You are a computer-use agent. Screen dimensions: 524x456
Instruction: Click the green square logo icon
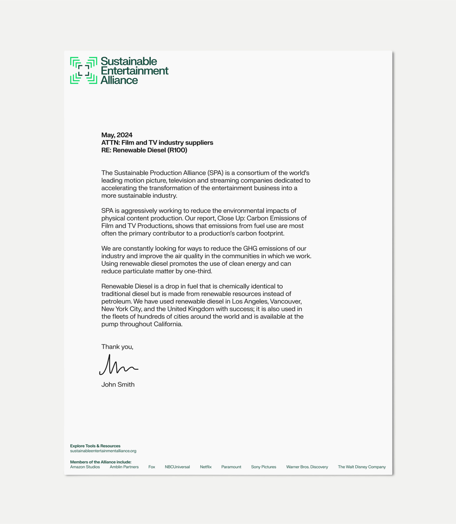tap(83, 70)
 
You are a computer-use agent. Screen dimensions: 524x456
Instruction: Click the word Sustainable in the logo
tap(129, 62)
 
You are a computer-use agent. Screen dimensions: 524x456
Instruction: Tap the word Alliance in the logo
tap(119, 80)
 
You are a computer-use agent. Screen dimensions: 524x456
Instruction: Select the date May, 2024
tap(117, 135)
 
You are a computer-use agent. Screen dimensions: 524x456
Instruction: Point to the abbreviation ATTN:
tap(110, 143)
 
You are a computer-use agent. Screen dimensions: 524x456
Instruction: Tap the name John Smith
tap(118, 385)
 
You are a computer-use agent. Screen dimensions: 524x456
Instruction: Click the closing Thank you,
tap(117, 347)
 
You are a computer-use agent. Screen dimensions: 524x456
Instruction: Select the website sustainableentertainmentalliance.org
tap(103, 451)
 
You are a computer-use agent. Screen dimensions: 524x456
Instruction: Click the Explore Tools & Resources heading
tap(95, 446)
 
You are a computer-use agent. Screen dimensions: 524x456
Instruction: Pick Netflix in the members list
tap(206, 467)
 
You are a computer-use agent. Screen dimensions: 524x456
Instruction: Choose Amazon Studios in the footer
tap(85, 467)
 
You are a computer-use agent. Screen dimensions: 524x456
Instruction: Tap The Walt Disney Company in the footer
tap(362, 467)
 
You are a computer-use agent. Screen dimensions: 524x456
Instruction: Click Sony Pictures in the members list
tap(263, 467)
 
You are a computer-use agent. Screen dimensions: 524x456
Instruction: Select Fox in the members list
tap(152, 467)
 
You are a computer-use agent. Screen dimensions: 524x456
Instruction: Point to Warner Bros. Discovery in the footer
tap(307, 467)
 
